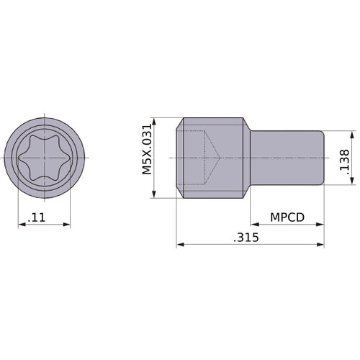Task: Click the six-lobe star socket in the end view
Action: click(44, 157)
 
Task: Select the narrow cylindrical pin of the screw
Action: click(288, 157)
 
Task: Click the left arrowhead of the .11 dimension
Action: click(21, 225)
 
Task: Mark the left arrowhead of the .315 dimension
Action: click(179, 246)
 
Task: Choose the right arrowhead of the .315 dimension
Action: click(321, 246)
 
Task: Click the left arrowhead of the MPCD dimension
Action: click(253, 225)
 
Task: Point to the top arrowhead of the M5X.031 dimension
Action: click(156, 122)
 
